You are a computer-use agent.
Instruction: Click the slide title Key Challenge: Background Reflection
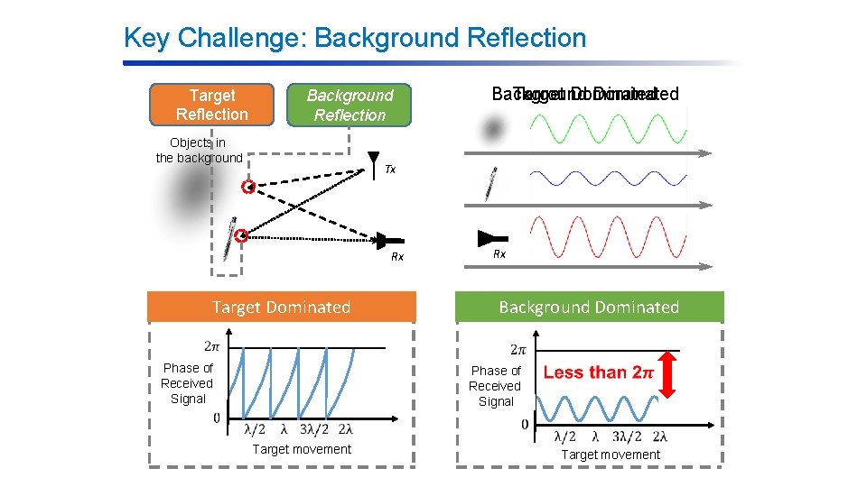coord(354,38)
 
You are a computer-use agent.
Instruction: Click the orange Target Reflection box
coord(211,105)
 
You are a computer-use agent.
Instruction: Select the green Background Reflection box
coord(350,106)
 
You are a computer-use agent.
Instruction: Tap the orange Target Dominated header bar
coord(281,308)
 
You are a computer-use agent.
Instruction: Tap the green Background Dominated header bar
coord(588,308)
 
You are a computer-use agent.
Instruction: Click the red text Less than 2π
coord(598,372)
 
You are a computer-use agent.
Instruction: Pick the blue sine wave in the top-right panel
coord(607,178)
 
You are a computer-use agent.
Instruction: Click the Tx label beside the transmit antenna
coord(390,170)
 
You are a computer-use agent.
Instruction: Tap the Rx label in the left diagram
coord(396,257)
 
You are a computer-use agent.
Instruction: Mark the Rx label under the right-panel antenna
coord(499,254)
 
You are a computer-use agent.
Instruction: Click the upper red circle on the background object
coord(247,188)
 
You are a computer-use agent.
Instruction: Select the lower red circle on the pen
coord(241,236)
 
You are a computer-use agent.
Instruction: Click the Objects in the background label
coord(199,151)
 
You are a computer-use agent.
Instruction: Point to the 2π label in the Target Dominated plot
coord(211,345)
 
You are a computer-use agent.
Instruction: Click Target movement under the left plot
coord(302,449)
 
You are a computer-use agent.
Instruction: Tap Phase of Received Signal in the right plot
coord(495,386)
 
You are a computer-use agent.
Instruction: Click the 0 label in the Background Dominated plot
coord(525,424)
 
